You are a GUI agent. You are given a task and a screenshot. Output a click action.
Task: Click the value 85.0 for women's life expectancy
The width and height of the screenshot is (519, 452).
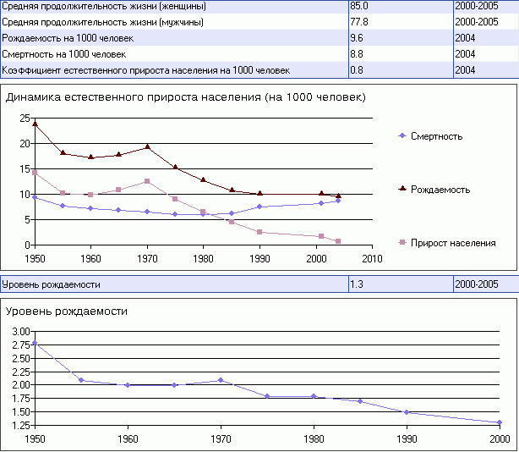tap(360, 6)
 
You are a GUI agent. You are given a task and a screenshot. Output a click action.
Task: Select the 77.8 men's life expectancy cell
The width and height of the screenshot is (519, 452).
tap(360, 22)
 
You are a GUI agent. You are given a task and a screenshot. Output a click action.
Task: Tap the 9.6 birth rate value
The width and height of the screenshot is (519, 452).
tap(358, 38)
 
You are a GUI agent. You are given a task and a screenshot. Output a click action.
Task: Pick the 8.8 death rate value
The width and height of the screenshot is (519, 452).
tap(358, 54)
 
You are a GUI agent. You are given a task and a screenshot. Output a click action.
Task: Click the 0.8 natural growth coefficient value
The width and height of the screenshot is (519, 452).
tap(358, 69)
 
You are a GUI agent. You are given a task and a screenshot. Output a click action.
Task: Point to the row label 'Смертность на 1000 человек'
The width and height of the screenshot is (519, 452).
tap(64, 54)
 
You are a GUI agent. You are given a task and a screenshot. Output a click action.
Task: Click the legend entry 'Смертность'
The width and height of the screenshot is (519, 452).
tap(436, 136)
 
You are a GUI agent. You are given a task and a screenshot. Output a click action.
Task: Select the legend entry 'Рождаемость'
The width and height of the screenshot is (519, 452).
tap(440, 190)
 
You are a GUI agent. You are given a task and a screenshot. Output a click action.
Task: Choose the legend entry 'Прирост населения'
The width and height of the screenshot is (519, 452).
tap(452, 243)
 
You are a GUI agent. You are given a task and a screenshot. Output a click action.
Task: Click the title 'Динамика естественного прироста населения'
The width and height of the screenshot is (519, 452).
tap(185, 97)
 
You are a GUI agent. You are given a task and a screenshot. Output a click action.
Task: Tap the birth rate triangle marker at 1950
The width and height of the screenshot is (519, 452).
tap(35, 124)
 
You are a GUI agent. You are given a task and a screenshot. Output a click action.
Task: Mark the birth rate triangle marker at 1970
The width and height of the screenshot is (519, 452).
tap(147, 146)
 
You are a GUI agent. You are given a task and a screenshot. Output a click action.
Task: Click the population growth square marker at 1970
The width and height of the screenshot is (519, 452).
tap(147, 181)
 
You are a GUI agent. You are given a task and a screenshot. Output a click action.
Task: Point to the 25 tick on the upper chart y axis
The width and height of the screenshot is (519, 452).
tap(25, 118)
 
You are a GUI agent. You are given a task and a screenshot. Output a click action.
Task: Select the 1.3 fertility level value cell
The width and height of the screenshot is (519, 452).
tap(358, 284)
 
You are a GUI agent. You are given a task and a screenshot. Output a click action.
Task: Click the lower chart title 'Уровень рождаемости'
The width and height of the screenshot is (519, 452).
tap(67, 311)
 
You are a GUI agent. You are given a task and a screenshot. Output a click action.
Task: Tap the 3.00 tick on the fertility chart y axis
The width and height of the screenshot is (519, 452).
tap(19, 331)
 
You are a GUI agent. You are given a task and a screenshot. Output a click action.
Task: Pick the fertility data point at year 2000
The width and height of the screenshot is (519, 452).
tap(500, 422)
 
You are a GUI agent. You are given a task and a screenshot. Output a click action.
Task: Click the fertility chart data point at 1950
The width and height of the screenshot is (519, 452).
tap(35, 343)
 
